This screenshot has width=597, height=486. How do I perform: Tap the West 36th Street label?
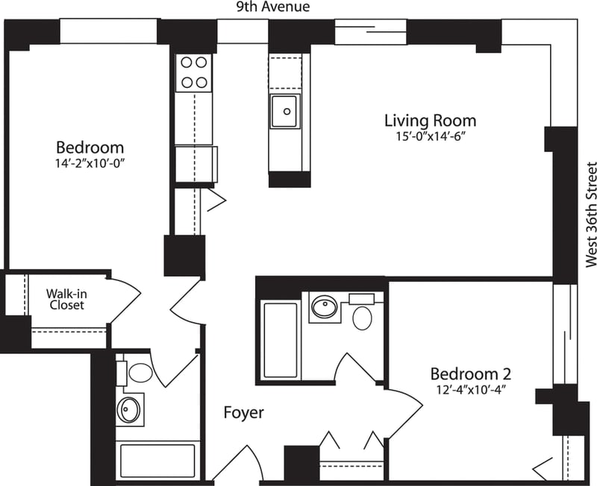pyautogui.click(x=591, y=215)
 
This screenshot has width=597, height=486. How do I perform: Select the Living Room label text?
pyautogui.click(x=430, y=120)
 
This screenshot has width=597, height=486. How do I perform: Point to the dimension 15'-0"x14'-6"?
pyautogui.click(x=430, y=136)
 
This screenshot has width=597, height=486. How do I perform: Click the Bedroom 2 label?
pyautogui.click(x=470, y=374)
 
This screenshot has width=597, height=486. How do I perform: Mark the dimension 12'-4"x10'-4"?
pyautogui.click(x=470, y=390)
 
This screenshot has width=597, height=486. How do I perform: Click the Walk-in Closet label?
pyautogui.click(x=66, y=299)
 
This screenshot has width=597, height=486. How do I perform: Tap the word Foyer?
pyautogui.click(x=243, y=412)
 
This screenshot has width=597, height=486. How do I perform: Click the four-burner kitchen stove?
pyautogui.click(x=194, y=72)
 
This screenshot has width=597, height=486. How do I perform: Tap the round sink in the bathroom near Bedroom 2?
pyautogui.click(x=325, y=306)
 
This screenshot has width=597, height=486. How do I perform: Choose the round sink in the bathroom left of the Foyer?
pyautogui.click(x=131, y=409)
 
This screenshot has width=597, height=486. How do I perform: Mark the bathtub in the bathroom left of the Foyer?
pyautogui.click(x=157, y=459)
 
